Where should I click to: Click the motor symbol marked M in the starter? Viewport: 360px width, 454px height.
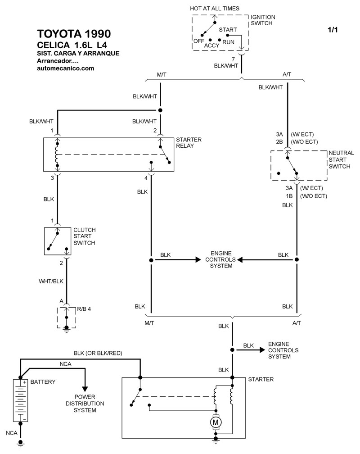(x=216, y=422)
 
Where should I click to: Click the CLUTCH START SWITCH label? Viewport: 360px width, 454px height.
(x=85, y=236)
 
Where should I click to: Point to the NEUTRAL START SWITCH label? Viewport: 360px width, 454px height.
(x=341, y=160)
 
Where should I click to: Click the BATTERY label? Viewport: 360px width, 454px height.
(x=43, y=382)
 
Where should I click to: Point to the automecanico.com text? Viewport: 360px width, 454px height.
(x=65, y=68)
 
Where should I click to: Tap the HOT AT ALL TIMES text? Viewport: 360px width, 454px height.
(x=215, y=8)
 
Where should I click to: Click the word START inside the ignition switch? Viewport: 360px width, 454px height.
(x=228, y=30)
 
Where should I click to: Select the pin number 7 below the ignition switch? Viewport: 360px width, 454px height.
(x=233, y=59)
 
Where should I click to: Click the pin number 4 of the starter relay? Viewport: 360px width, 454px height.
(x=146, y=178)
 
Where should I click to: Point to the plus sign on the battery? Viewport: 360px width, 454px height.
(x=25, y=382)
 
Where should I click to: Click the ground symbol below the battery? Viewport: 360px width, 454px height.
(x=20, y=444)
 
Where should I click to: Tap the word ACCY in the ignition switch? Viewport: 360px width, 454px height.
(x=211, y=45)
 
